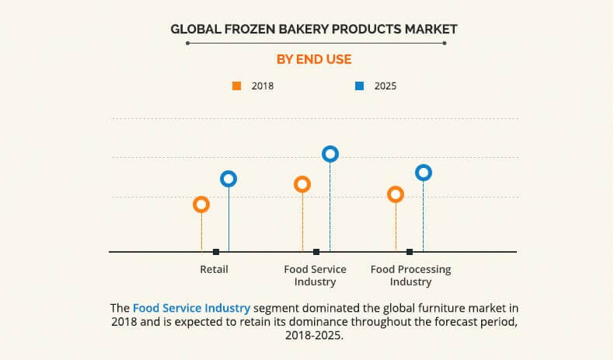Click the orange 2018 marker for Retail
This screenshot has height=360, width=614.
click(201, 197)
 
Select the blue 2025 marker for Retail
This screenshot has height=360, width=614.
click(229, 172)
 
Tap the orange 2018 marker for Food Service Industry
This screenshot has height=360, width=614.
click(302, 177)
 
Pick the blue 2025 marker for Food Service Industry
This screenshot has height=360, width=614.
click(330, 146)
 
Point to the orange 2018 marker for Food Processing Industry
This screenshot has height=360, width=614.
click(396, 187)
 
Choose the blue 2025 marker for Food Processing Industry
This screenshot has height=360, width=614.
click(424, 166)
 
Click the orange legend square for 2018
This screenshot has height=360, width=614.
click(236, 86)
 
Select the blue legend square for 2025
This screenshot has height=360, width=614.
click(360, 86)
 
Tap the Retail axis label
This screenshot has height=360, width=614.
click(214, 270)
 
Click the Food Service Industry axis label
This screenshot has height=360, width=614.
click(316, 275)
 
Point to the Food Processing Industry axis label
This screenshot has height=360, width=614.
click(411, 275)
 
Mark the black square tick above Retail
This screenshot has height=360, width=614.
click(216, 252)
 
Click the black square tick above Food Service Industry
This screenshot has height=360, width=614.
click(316, 252)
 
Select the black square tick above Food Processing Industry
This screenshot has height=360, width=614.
click(410, 252)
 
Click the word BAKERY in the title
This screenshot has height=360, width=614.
click(304, 29)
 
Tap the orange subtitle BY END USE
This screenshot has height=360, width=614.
click(314, 60)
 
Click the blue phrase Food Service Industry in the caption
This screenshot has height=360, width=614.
click(191, 308)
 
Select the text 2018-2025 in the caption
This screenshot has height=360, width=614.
click(314, 335)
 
